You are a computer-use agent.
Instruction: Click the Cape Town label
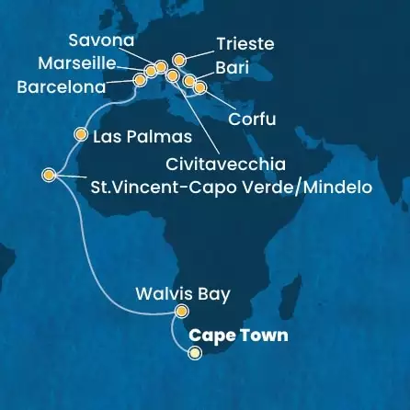point(238,336)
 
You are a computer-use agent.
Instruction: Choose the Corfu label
point(254,120)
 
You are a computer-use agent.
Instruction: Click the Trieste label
point(244,43)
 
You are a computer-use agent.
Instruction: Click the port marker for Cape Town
point(194,349)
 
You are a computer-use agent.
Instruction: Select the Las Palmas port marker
point(78,134)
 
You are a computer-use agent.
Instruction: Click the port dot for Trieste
point(179,61)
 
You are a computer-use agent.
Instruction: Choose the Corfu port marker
point(200,89)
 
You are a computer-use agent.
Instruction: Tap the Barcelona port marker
point(141,80)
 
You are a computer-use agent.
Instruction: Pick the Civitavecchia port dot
point(172,75)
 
